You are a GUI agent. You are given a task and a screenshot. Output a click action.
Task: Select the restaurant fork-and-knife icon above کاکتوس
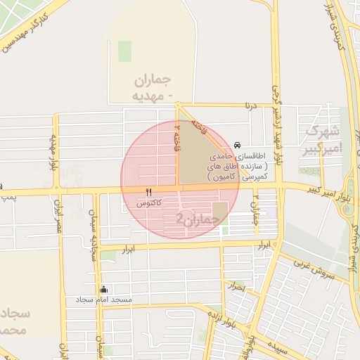point(148,192)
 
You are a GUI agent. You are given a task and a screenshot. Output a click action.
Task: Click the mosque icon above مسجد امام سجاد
point(104,289)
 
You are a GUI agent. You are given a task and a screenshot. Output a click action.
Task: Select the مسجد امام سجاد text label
point(105,300)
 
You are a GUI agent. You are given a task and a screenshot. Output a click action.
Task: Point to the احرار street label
point(236,287)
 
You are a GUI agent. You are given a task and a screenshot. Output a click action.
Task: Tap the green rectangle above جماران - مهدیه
point(124,51)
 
